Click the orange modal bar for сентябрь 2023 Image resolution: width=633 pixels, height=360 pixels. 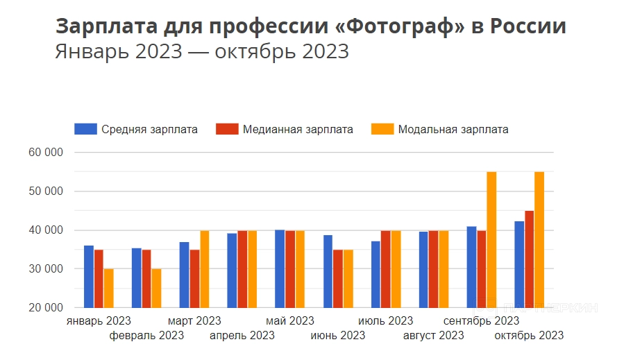pyautogui.click(x=491, y=239)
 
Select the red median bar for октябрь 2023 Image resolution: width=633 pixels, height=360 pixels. pyautogui.click(x=529, y=259)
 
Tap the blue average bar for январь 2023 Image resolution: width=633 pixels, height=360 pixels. pyautogui.click(x=89, y=276)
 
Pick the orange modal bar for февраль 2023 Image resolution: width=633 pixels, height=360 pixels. pyautogui.click(x=156, y=288)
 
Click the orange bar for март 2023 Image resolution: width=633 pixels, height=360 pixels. pyautogui.click(x=204, y=268)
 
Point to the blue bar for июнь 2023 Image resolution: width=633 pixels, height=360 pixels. pyautogui.click(x=328, y=271)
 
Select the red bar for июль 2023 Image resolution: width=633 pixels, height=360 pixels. pyautogui.click(x=385, y=268)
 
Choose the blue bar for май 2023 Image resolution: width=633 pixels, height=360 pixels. pyautogui.click(x=280, y=268)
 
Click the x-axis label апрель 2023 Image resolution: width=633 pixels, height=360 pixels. pyautogui.click(x=242, y=336)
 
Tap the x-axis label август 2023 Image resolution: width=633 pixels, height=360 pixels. pyautogui.click(x=433, y=336)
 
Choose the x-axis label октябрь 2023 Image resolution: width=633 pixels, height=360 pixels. pyautogui.click(x=529, y=336)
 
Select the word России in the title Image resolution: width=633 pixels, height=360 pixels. pyautogui.click(x=527, y=27)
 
